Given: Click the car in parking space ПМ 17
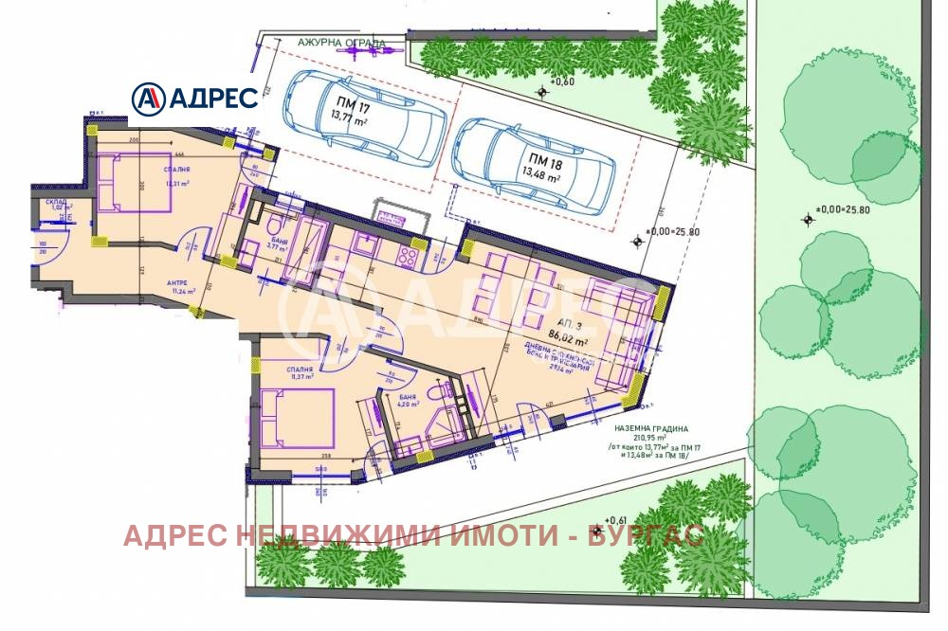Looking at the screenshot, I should coord(365,116).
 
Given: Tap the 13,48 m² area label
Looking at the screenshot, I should coord(538,174).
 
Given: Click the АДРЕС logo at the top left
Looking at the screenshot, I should coord(194,96).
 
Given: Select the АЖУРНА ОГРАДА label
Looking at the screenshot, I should coord(329,44).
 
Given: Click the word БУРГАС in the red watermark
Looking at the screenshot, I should coord(646,536).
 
